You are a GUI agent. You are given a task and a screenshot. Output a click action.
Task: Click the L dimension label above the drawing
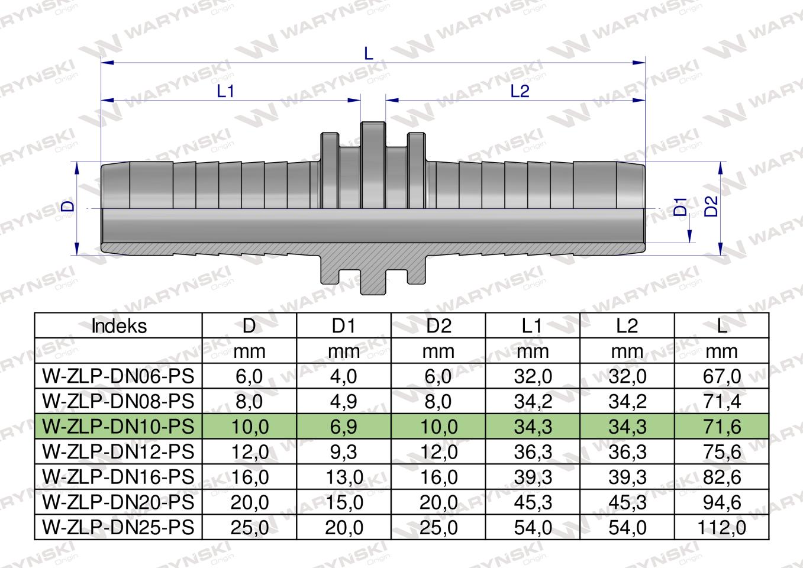(x=369, y=53)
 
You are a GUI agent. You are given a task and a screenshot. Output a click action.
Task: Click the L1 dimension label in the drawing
(x=226, y=91)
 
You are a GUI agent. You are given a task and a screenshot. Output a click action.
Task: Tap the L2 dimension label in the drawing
(x=519, y=91)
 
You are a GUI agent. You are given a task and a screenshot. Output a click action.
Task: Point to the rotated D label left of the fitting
(x=69, y=205)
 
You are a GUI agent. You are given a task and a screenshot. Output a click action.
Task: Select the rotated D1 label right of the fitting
(x=681, y=206)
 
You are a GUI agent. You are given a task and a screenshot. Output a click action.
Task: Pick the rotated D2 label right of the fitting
(x=711, y=206)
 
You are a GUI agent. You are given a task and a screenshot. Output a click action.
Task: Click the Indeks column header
(x=119, y=326)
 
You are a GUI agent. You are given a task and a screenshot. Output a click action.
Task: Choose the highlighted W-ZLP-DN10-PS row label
(x=119, y=426)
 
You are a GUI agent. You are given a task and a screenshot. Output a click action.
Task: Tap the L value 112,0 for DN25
(x=721, y=527)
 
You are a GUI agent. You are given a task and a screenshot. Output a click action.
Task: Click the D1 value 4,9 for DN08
(x=343, y=401)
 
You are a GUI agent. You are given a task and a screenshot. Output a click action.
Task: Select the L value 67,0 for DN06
(x=721, y=376)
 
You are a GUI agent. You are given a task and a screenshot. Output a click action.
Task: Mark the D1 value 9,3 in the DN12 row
(x=343, y=451)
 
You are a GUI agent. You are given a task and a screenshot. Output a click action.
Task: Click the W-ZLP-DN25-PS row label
(x=119, y=527)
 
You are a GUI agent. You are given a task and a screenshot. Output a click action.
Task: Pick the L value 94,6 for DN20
(x=721, y=502)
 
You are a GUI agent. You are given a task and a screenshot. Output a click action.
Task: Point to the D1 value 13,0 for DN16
(x=343, y=477)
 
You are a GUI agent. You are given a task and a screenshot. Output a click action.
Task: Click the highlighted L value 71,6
(x=721, y=426)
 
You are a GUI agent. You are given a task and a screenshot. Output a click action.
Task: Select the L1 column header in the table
(x=532, y=326)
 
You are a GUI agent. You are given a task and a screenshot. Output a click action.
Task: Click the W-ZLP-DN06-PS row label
(x=119, y=376)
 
